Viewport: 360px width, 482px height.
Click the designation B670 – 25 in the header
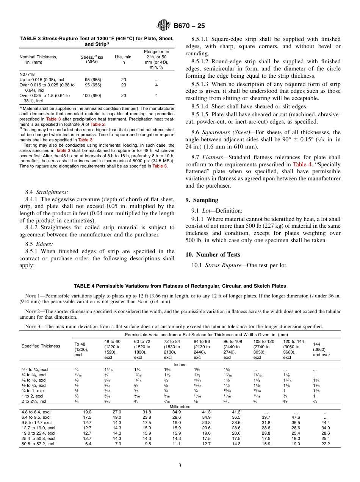pos(189,26)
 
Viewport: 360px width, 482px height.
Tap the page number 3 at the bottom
pos(180,466)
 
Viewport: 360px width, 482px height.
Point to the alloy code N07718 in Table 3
pos(27,75)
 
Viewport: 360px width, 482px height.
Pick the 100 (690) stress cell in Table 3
pos(92,96)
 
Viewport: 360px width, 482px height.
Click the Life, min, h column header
pos(124,59)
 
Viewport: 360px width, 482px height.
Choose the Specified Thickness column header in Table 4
pos(41,346)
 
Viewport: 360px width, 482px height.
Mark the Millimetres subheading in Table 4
pos(180,407)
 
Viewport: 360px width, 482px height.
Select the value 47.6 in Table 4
pos(296,417)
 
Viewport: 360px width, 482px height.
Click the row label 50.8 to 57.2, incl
pos(38,444)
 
